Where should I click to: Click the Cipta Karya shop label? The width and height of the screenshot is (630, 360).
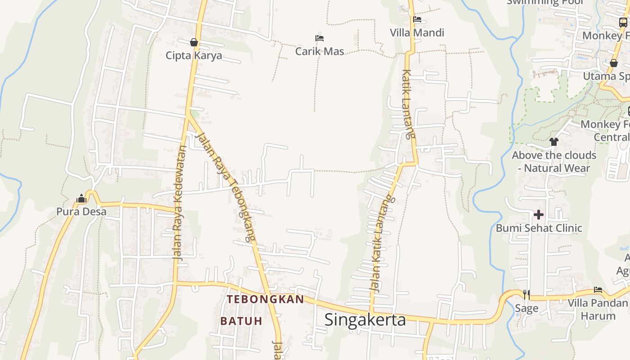pos(194,55)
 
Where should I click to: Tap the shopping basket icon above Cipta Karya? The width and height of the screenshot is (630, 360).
pos(194,42)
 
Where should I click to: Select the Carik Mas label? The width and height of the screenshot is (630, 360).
pos(319,51)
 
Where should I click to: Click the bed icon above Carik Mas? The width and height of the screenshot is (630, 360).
pos(319,38)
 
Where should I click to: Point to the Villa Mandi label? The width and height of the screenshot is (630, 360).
pos(417,32)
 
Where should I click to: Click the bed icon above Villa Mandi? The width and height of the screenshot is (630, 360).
pos(417,19)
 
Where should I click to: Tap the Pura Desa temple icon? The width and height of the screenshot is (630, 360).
pos(81,198)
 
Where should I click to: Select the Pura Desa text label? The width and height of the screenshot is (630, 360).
pos(81,211)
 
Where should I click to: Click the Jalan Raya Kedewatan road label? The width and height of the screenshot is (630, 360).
pos(179,202)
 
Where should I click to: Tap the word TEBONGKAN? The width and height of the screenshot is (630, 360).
pos(265,299)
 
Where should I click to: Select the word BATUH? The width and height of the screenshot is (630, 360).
pos(241,321)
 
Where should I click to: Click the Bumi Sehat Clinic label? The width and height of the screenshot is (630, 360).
pos(539,228)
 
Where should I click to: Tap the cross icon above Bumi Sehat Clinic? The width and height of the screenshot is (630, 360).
pos(539,215)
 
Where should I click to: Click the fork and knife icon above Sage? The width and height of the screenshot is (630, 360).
pos(526,295)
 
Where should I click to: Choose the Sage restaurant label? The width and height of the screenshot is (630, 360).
pos(526,308)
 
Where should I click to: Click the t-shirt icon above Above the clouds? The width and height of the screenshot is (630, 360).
pos(553,142)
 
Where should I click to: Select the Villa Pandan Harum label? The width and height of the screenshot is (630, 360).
pos(598,309)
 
